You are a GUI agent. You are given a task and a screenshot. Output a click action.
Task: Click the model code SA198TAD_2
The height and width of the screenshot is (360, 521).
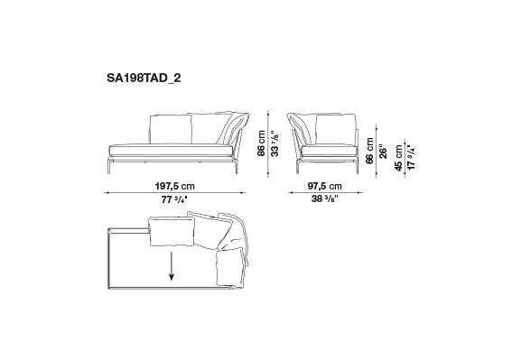(x=144, y=78)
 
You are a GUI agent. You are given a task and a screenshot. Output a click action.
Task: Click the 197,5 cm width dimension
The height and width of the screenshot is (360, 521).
(x=175, y=186)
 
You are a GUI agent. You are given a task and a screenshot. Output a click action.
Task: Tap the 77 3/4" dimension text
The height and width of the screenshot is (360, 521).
(x=174, y=200)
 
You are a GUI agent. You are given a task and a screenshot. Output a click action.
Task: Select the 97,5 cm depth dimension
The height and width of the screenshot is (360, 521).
(x=325, y=186)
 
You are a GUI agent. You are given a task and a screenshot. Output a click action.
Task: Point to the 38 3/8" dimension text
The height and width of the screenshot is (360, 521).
(x=325, y=198)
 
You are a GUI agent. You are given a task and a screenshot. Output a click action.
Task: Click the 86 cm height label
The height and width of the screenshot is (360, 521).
(x=262, y=143)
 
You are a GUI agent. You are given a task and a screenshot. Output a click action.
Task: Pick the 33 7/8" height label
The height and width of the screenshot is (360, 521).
(x=274, y=144)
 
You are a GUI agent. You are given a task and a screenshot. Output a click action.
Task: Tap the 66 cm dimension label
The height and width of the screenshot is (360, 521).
(x=369, y=151)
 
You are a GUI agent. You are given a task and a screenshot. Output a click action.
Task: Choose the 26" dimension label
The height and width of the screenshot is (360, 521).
(x=383, y=151)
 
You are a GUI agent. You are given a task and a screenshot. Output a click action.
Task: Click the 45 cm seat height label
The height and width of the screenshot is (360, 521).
(x=399, y=158)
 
